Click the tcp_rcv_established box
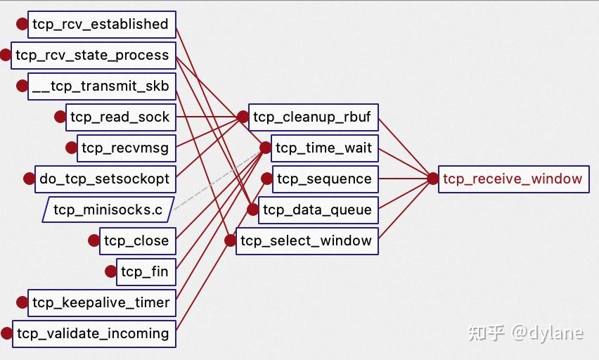point(101,25)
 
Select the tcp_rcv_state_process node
point(92,56)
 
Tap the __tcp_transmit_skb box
point(101,86)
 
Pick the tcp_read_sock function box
point(120,117)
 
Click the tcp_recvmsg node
point(125,148)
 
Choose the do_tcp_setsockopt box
point(104,179)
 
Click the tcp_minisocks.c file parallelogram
point(108,210)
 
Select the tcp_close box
point(136,240)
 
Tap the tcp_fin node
point(144,271)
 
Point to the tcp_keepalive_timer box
point(101,302)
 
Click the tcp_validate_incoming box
point(93,333)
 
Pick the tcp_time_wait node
point(324,148)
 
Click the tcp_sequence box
point(324,179)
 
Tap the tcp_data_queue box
point(318,210)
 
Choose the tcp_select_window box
point(307,240)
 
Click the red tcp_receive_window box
point(513,179)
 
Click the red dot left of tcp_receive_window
point(432,179)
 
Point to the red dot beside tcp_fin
point(110,271)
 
